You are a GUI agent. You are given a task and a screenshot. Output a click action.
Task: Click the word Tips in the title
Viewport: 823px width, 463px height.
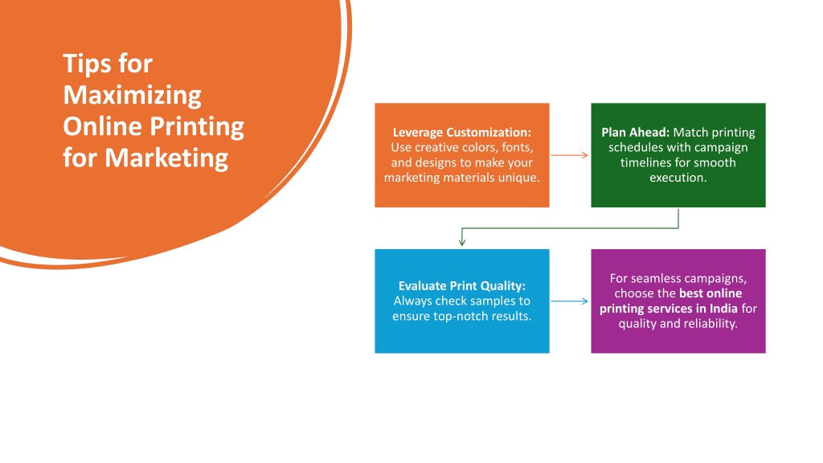(86, 64)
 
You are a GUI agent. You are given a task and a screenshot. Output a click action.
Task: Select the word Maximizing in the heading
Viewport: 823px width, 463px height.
(133, 96)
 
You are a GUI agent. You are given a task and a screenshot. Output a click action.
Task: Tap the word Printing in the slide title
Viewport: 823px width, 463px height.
(197, 127)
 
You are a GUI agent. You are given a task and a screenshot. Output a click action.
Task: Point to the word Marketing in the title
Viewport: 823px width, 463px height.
(166, 158)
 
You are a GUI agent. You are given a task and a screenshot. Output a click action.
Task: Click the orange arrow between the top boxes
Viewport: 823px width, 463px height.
(570, 155)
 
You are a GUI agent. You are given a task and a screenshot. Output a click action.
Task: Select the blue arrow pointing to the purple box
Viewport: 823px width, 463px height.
(570, 301)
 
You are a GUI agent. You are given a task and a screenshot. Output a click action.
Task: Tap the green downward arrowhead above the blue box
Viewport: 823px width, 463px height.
(462, 241)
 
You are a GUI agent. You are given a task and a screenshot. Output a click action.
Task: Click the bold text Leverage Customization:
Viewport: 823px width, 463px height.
(462, 133)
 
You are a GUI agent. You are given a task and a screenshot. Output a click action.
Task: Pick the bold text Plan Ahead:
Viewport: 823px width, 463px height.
(635, 133)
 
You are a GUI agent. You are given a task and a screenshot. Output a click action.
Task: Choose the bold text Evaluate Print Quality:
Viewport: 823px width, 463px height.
(462, 285)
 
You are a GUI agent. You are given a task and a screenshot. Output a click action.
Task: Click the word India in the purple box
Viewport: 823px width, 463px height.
(723, 308)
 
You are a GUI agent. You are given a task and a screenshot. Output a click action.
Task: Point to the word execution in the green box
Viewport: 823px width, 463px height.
(677, 178)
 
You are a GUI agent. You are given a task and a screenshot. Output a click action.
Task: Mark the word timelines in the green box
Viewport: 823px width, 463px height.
(645, 162)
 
